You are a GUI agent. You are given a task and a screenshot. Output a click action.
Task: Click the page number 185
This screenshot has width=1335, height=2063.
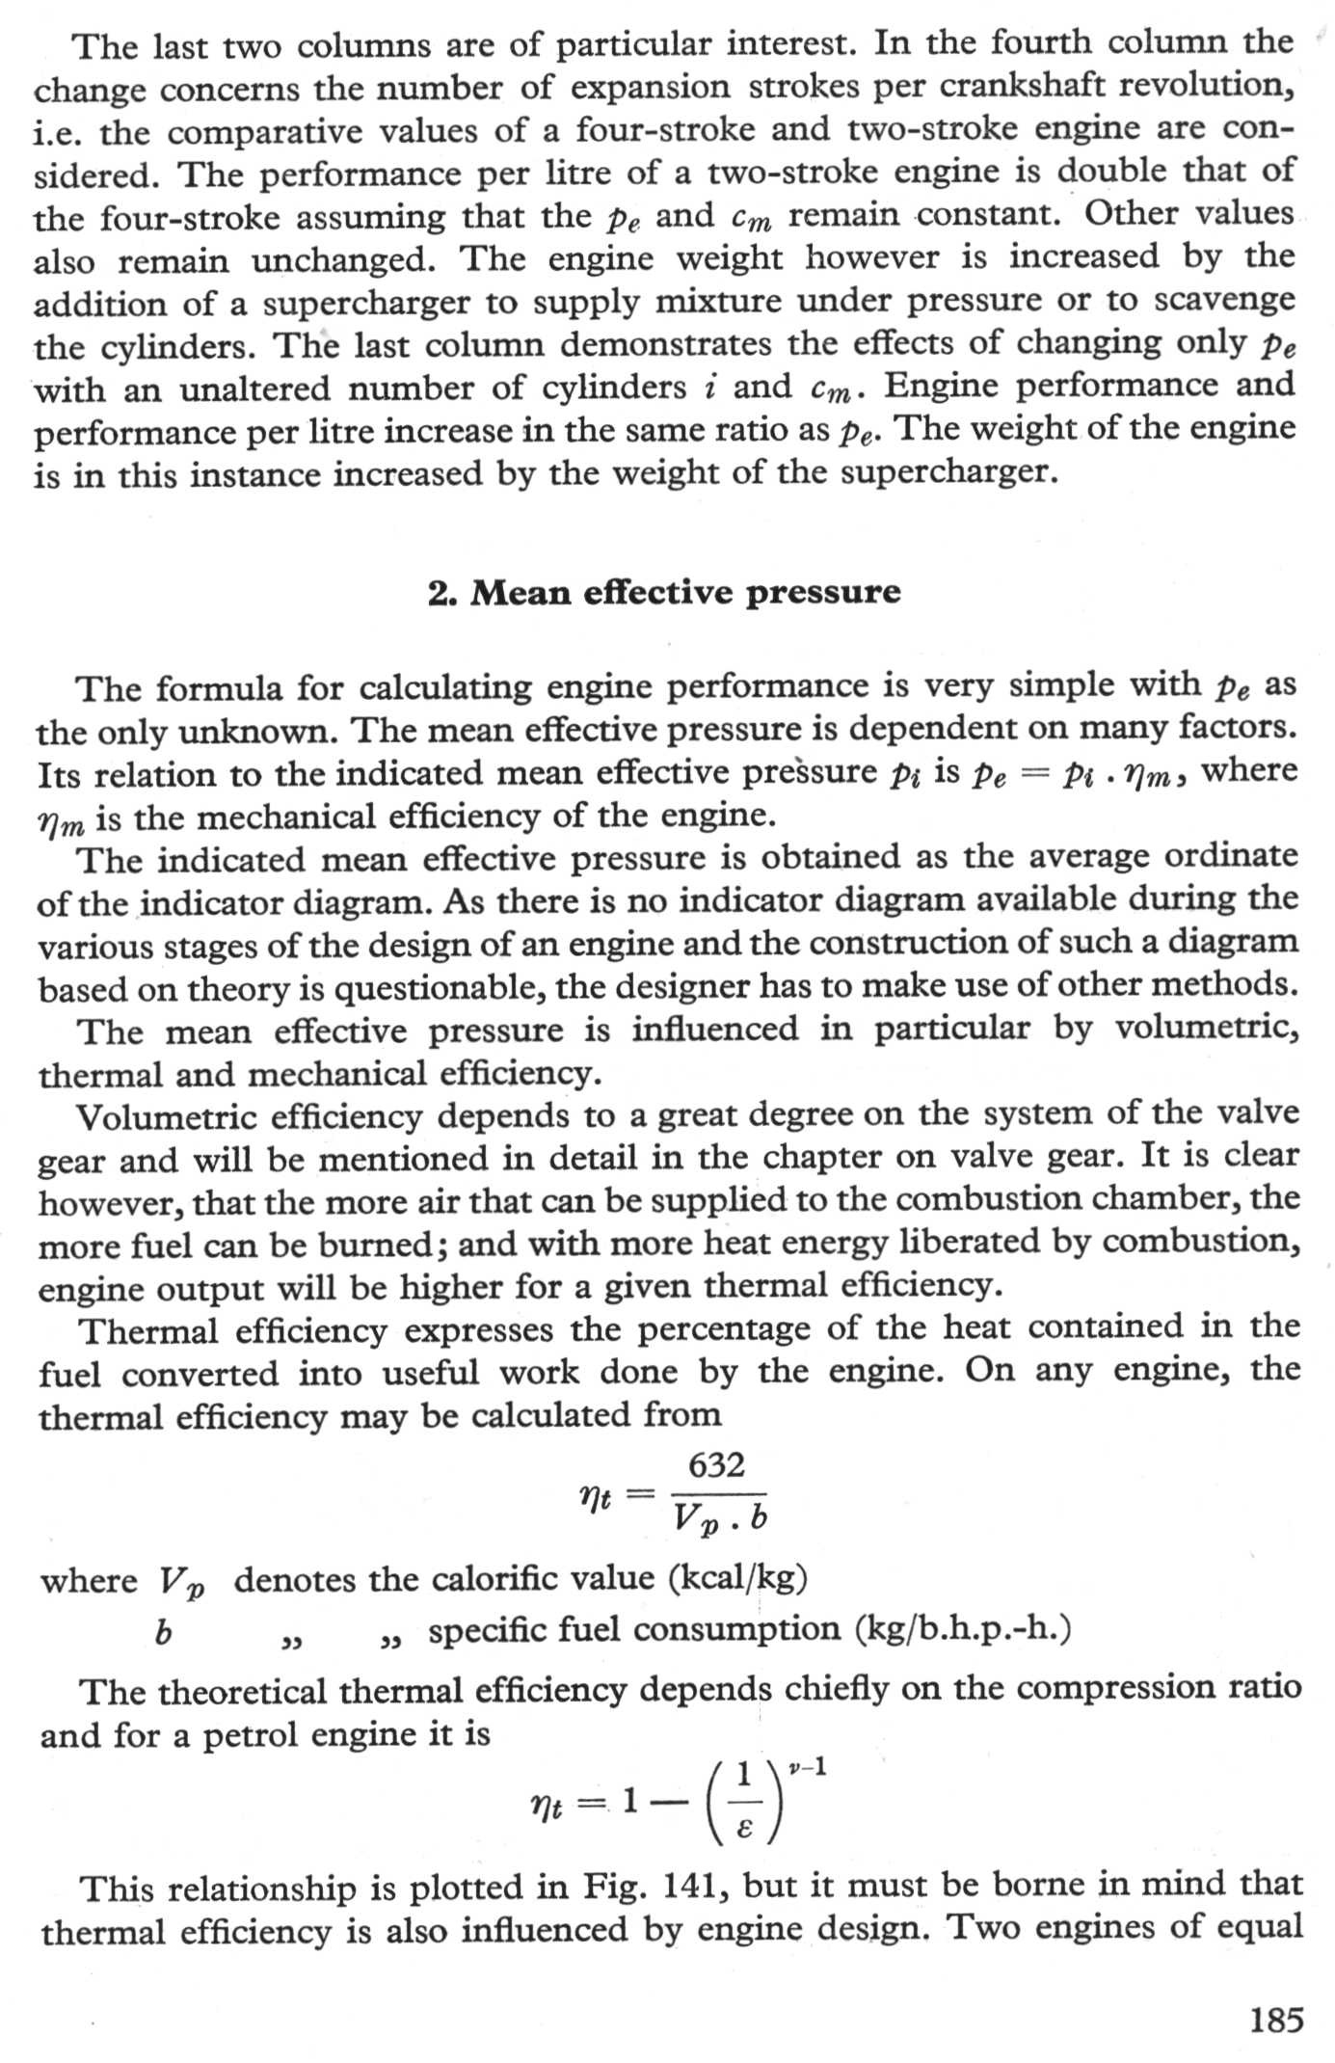point(1276,2019)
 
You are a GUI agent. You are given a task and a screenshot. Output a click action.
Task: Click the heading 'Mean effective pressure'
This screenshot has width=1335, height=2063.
point(685,592)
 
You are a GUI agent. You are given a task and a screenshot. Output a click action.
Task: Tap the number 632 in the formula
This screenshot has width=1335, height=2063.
point(716,1465)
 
